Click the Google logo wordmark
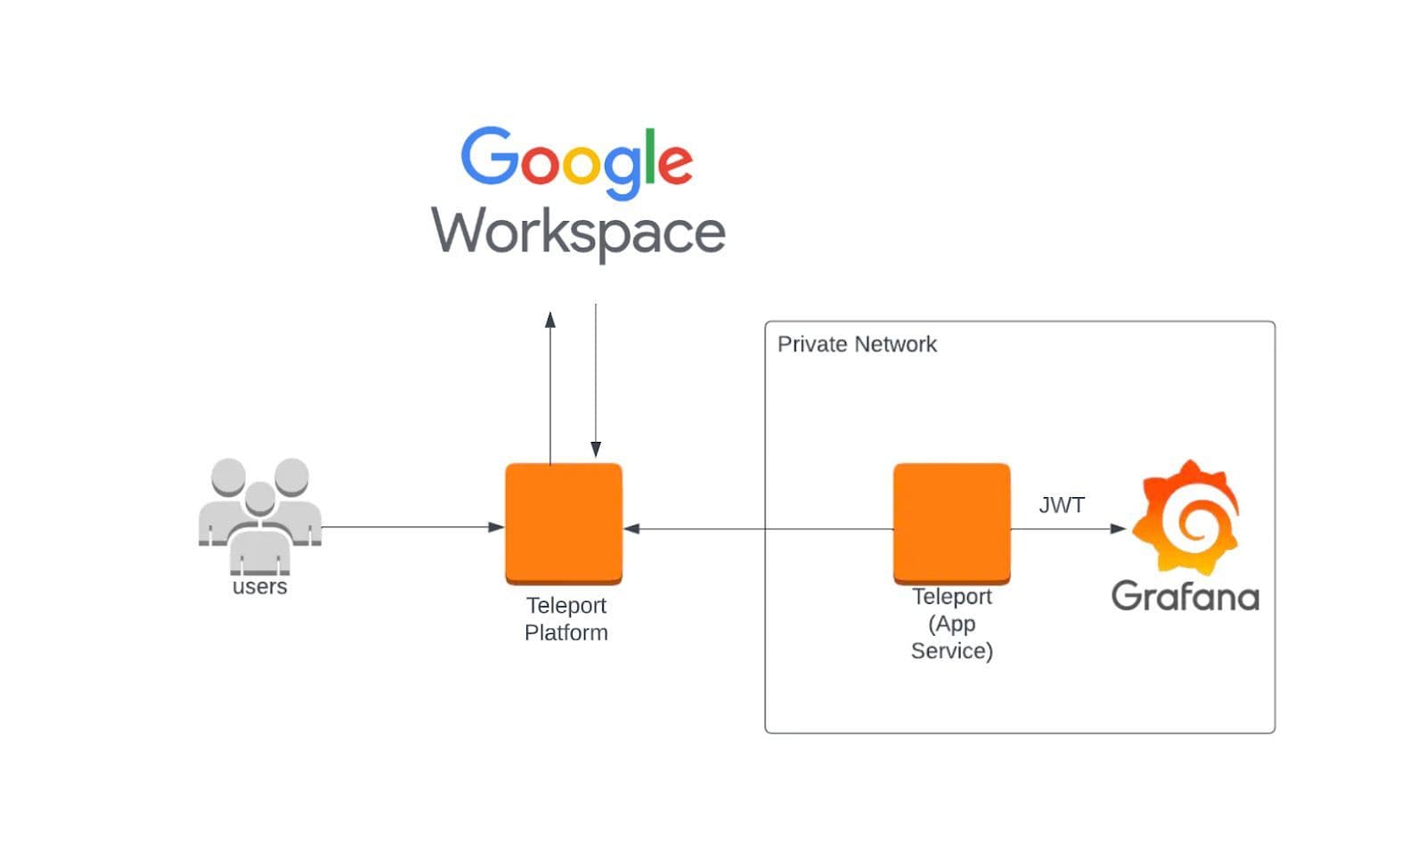pyautogui.click(x=576, y=160)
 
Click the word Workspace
pyautogui.click(x=578, y=232)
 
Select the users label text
pyautogui.click(x=259, y=587)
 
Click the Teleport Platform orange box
pyautogui.click(x=564, y=523)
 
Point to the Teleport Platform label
pyautogui.click(x=566, y=619)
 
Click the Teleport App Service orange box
pyautogui.click(x=951, y=523)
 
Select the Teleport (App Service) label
pyautogui.click(x=951, y=624)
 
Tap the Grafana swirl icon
pyautogui.click(x=1185, y=517)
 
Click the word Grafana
pyautogui.click(x=1185, y=596)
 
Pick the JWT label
pyautogui.click(x=1062, y=505)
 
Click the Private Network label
pyautogui.click(x=857, y=345)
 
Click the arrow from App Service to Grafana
pyautogui.click(x=1068, y=529)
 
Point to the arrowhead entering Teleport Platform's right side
pyautogui.click(x=631, y=529)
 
